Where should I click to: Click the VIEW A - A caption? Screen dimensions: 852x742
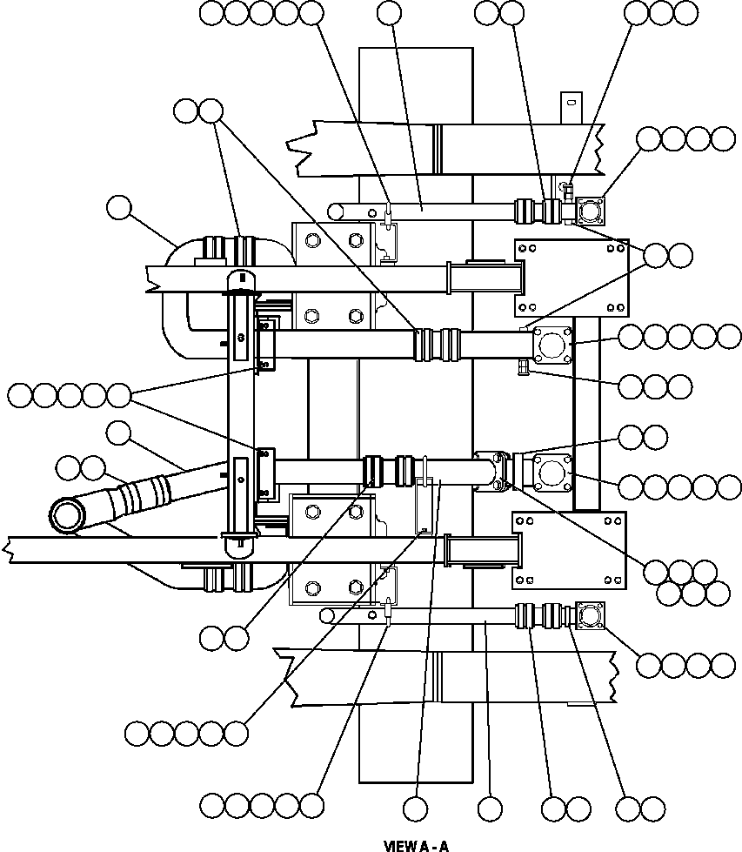coord(416,845)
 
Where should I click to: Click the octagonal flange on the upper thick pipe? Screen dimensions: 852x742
coord(551,344)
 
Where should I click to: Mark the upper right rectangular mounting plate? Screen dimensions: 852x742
coord(571,277)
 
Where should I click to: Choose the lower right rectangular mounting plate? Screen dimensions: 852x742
coord(571,551)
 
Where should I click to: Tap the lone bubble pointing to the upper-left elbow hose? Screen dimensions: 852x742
coord(118,209)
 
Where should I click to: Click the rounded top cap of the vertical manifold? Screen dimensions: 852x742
coord(240,281)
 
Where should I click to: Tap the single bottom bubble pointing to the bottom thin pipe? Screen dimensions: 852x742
coord(490,808)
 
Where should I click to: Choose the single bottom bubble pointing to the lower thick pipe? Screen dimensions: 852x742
coord(416,808)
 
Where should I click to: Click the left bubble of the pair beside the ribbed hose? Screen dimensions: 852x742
coord(68,469)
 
